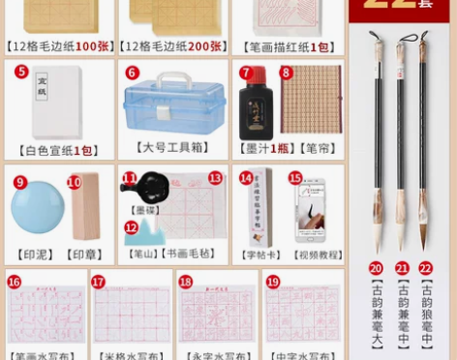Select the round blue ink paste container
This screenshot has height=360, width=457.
click(x=38, y=210)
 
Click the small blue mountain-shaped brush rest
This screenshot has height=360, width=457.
click(x=141, y=232)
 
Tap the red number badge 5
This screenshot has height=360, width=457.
click(x=21, y=72)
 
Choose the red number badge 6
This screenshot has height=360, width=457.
click(x=133, y=73)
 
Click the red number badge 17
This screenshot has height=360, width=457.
click(x=98, y=282)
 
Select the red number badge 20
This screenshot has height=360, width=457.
click(x=376, y=268)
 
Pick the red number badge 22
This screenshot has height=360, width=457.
click(x=425, y=268)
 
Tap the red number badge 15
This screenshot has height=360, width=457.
click(x=294, y=178)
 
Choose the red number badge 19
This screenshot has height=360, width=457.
click(x=272, y=282)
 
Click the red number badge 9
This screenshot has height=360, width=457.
click(x=20, y=181)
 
